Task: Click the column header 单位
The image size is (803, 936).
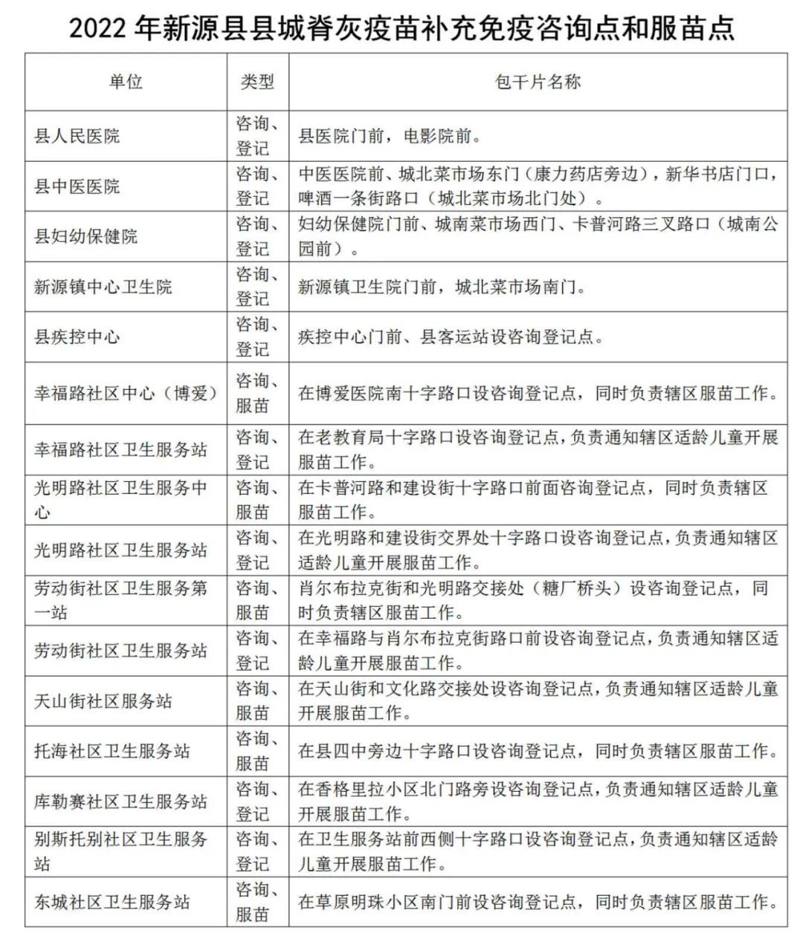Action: (126, 82)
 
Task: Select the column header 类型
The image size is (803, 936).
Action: (257, 82)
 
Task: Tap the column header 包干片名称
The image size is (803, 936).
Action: (538, 82)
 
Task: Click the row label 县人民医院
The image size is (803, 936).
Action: (77, 136)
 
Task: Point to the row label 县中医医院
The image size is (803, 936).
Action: (77, 186)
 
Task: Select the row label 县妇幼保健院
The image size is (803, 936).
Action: (86, 236)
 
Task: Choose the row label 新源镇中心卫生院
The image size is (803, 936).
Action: (103, 286)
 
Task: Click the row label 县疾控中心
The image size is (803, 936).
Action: (77, 337)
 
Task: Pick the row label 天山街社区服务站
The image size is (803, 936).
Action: (103, 701)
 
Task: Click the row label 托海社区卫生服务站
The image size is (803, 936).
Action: (112, 751)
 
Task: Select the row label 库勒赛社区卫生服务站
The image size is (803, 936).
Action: (120, 802)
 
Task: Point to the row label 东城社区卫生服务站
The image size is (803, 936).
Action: (112, 902)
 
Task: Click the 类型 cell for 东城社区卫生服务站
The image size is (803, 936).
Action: (257, 902)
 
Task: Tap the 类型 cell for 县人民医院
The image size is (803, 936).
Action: (257, 136)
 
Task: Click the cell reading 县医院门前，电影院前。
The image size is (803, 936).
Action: (390, 136)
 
